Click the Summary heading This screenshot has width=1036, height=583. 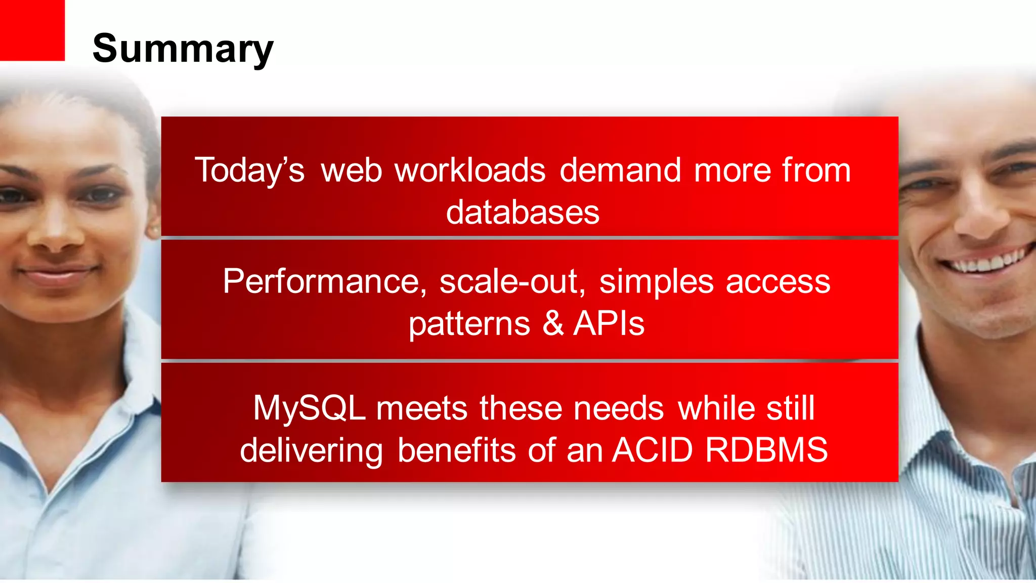coord(183,49)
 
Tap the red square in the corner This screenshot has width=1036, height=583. coord(32,30)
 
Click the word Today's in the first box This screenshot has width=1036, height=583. coord(250,170)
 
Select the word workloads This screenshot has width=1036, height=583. coord(470,170)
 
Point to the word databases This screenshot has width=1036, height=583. coord(523,212)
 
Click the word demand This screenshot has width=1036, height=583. coord(620,170)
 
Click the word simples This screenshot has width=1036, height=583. coord(656,281)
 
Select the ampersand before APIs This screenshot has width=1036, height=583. coord(553,323)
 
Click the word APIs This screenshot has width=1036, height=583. coord(609,323)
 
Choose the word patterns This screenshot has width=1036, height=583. coord(469,324)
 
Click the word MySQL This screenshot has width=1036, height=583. coord(309,408)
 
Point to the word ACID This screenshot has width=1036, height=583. coord(652,450)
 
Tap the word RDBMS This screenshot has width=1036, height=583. coord(766,450)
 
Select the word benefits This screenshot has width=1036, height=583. coord(456,450)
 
